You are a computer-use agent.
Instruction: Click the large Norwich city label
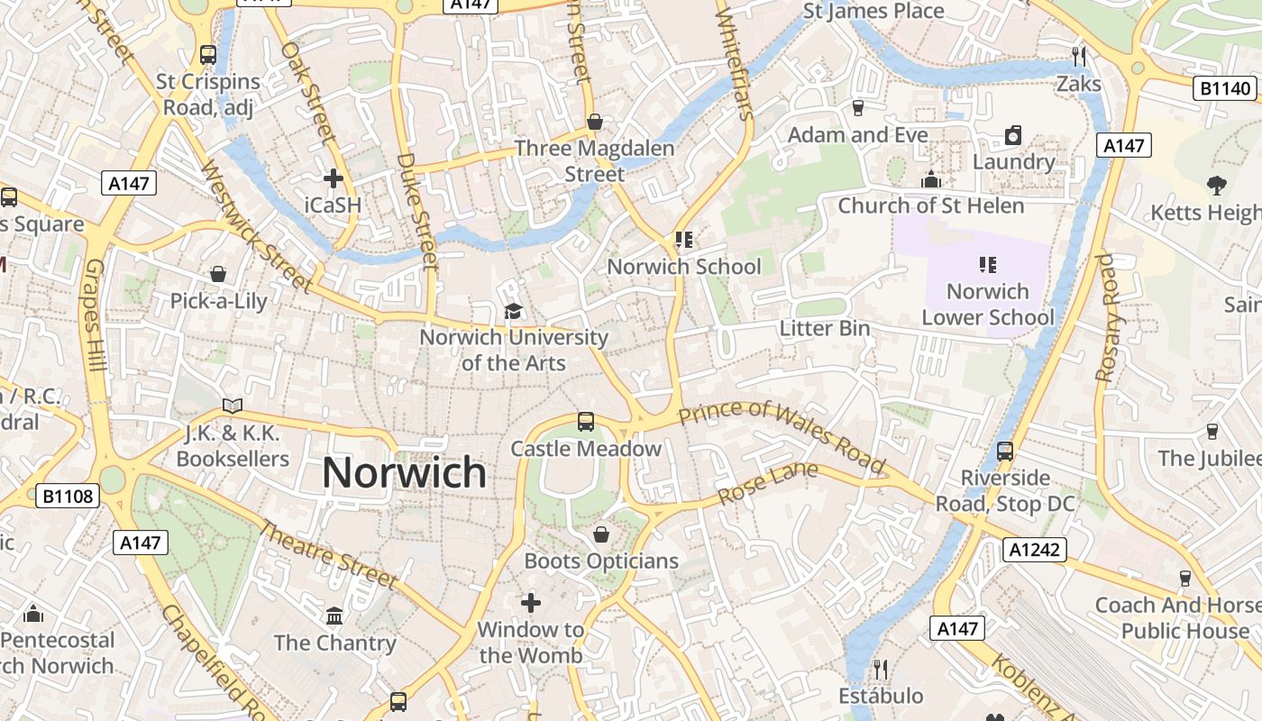pyautogui.click(x=404, y=473)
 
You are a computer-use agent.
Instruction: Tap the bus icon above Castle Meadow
pyautogui.click(x=586, y=421)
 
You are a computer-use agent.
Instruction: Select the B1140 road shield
pyautogui.click(x=1226, y=88)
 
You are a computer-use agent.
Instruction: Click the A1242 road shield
pyautogui.click(x=1035, y=550)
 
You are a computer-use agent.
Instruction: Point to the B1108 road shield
pyautogui.click(x=68, y=495)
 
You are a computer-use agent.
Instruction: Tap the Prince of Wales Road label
pyautogui.click(x=782, y=437)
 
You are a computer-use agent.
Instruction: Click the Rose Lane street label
pyautogui.click(x=768, y=484)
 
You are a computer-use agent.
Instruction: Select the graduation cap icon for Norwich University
pyautogui.click(x=513, y=312)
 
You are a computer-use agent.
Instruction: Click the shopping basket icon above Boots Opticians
pyautogui.click(x=601, y=534)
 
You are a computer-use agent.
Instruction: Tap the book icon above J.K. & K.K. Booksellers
pyautogui.click(x=233, y=406)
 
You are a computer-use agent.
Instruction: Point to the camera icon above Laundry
pyautogui.click(x=1013, y=136)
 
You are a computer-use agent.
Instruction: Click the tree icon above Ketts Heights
pyautogui.click(x=1217, y=186)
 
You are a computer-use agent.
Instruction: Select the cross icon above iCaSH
pyautogui.click(x=334, y=178)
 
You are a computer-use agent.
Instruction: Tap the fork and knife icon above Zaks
pyautogui.click(x=1079, y=57)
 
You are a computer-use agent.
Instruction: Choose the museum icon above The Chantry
pyautogui.click(x=335, y=616)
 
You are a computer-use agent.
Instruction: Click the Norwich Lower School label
pyautogui.click(x=987, y=305)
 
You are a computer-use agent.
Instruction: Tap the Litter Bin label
pyautogui.click(x=825, y=328)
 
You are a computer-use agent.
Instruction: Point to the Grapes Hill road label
pyautogui.click(x=96, y=315)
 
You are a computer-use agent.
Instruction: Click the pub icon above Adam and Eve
pyautogui.click(x=858, y=108)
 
